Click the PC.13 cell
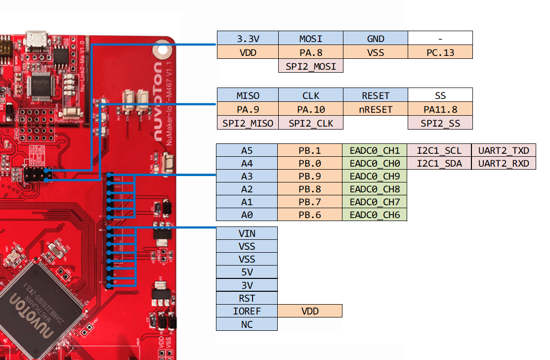click(x=440, y=52)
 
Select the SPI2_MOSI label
click(x=311, y=66)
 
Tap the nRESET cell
click(x=376, y=109)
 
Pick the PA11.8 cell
click(x=440, y=109)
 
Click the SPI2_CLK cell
click(x=311, y=123)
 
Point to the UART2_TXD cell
click(x=504, y=150)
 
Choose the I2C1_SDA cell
click(x=439, y=163)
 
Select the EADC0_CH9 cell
click(x=375, y=176)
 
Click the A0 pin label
click(x=247, y=215)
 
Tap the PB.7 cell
click(x=310, y=202)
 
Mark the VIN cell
click(x=247, y=233)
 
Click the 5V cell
click(x=247, y=272)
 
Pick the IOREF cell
click(x=247, y=311)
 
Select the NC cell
click(x=247, y=324)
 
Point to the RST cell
click(x=247, y=298)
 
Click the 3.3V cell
click(x=248, y=38)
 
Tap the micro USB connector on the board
click(x=38, y=40)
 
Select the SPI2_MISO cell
click(x=248, y=123)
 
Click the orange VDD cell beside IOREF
click(x=310, y=311)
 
